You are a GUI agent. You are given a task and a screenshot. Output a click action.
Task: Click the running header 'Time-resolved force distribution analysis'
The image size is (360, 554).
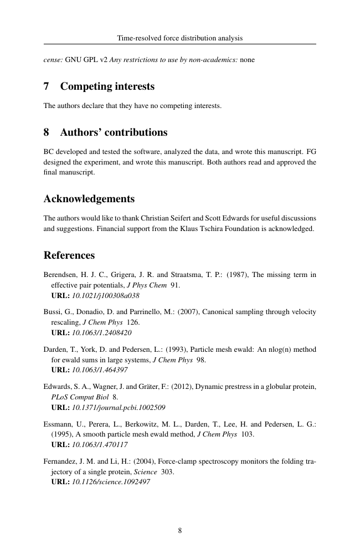tap(180, 38)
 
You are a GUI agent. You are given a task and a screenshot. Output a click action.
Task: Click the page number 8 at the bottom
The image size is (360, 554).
tap(180, 530)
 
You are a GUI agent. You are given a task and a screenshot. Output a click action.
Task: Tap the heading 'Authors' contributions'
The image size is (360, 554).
tap(114, 132)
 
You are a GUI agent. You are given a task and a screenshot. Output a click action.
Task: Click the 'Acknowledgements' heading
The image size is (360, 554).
tap(89, 198)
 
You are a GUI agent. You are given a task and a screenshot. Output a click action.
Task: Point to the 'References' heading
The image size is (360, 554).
tap(69, 255)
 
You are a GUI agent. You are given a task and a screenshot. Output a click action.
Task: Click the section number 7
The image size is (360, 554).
tap(47, 86)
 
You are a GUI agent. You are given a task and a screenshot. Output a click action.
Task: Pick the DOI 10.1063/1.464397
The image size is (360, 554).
tap(100, 370)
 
